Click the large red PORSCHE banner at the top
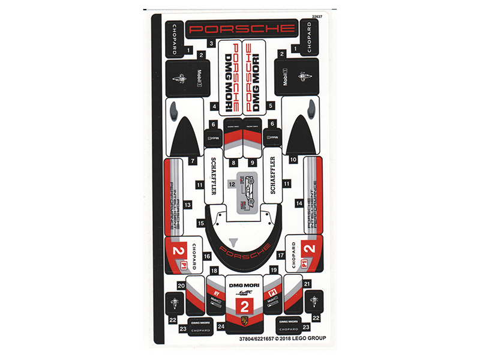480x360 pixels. click(x=241, y=28)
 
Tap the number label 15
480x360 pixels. click(x=202, y=223)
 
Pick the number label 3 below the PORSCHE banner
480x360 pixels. click(x=212, y=43)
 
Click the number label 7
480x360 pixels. click(x=193, y=160)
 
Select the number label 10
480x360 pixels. click(x=293, y=160)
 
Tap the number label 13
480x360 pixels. click(x=188, y=205)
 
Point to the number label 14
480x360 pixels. click(x=299, y=204)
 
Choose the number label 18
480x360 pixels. click(x=214, y=271)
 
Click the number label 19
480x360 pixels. click(x=273, y=271)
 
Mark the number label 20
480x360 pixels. click(x=181, y=287)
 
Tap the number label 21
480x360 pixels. click(x=307, y=283)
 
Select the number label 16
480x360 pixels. click(x=207, y=256)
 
